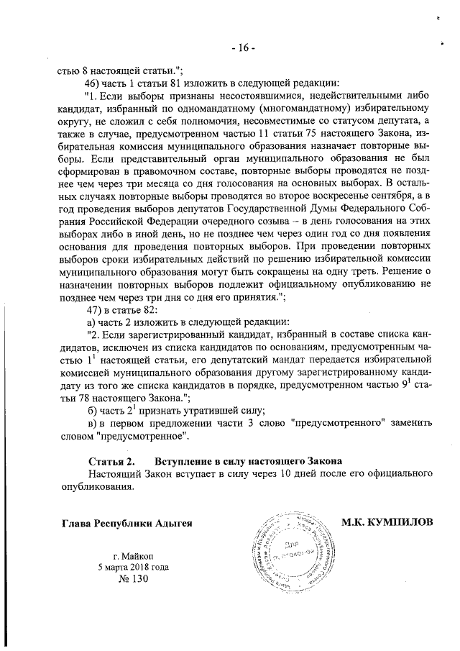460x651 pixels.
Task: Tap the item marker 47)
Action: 95,310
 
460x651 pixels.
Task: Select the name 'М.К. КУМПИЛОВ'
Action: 387,522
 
